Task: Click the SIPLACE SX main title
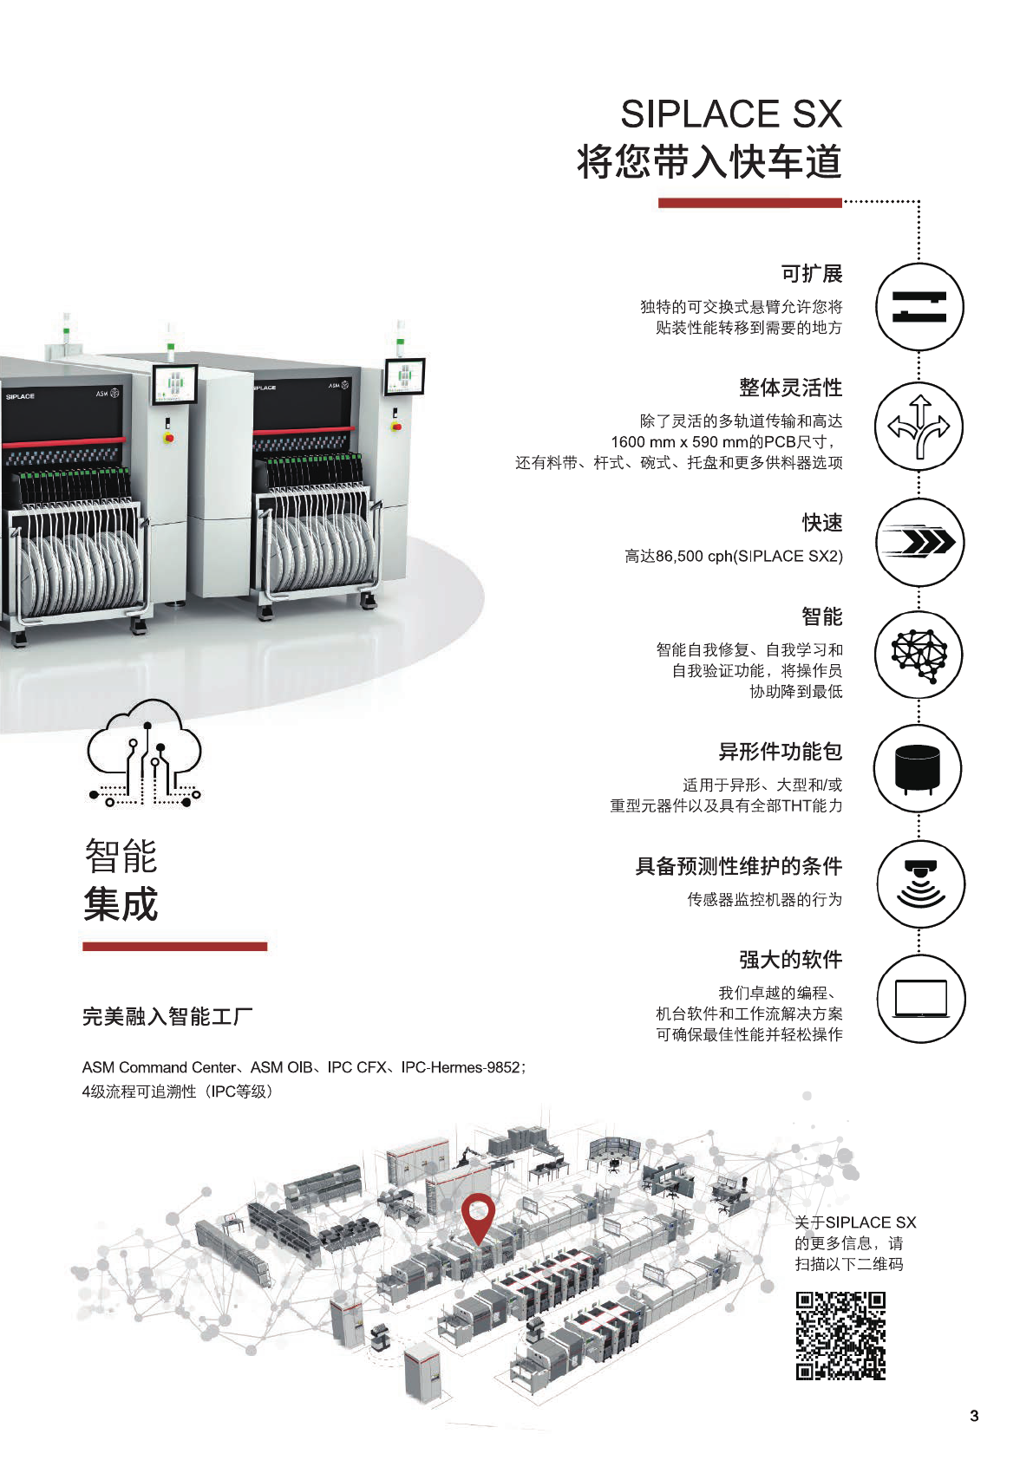click(731, 114)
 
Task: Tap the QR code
click(840, 1335)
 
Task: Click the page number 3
click(974, 1416)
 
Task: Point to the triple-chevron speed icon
click(919, 542)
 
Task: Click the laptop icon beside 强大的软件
click(919, 999)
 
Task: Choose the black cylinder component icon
click(918, 768)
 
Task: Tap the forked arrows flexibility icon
click(919, 426)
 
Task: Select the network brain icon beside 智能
click(919, 655)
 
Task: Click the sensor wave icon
click(919, 883)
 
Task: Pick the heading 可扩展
click(812, 274)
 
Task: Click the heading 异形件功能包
click(781, 752)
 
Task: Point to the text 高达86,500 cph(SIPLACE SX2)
click(734, 557)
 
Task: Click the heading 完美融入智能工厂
click(167, 1016)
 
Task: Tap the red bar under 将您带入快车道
click(749, 203)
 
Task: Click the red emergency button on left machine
click(169, 438)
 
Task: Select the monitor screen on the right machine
click(404, 377)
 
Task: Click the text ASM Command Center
click(159, 1067)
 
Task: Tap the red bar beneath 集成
click(174, 947)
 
